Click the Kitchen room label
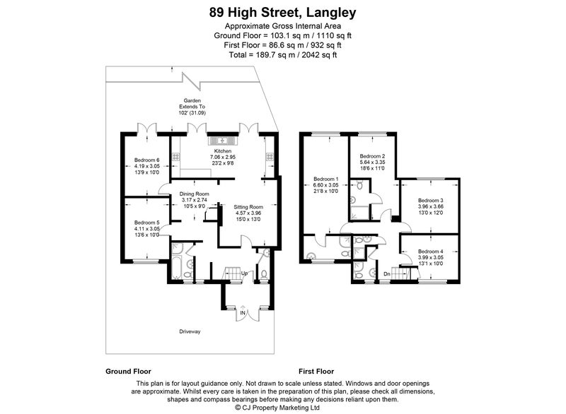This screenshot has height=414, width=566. click(223, 151)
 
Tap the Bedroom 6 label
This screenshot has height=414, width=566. click(147, 160)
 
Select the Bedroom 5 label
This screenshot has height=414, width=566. click(147, 223)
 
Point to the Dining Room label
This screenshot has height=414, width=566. click(194, 194)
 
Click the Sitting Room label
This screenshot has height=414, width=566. click(248, 207)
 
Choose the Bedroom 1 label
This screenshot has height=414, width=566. click(326, 179)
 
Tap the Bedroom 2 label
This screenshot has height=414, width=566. click(373, 156)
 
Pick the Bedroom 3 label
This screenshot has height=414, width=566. click(431, 201)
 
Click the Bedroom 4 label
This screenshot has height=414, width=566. click(431, 251)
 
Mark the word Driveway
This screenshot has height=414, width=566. click(190, 331)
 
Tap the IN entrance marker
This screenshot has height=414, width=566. click(243, 313)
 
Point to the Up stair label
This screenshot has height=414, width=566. click(244, 273)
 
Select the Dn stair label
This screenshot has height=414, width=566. click(387, 274)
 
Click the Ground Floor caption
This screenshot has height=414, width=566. click(128, 372)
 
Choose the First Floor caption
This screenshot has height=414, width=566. click(316, 372)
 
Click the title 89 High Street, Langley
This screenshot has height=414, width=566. click(282, 13)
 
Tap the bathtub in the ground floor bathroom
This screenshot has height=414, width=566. click(177, 267)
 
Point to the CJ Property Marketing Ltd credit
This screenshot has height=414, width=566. click(277, 408)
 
